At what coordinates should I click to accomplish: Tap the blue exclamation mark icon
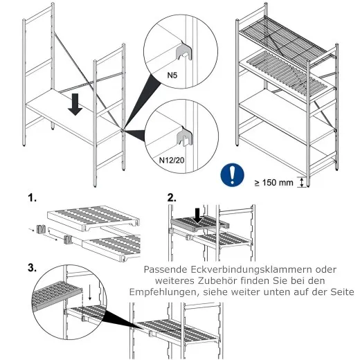(x=232, y=174)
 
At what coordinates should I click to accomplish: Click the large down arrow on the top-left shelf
(x=76, y=105)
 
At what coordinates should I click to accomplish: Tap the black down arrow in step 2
(x=199, y=214)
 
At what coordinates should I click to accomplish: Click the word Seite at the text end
(x=338, y=293)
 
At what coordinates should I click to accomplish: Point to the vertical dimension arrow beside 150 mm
(x=301, y=182)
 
